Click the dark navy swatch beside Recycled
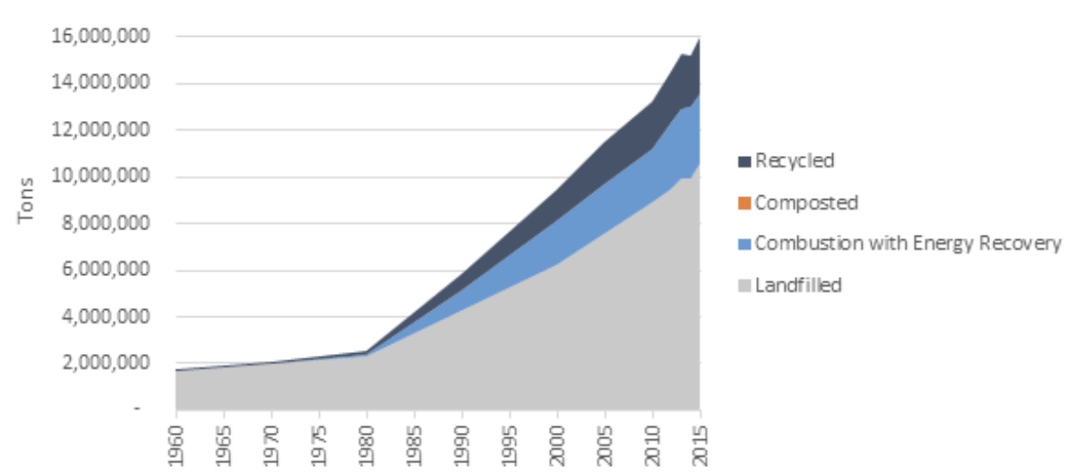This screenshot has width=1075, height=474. click(744, 161)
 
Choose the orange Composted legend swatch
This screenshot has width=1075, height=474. click(744, 203)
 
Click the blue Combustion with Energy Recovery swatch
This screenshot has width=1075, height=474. click(744, 244)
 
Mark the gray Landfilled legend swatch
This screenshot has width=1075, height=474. click(744, 286)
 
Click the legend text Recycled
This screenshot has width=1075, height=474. click(795, 161)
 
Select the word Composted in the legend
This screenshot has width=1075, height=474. click(806, 203)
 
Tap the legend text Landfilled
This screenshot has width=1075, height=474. click(799, 286)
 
